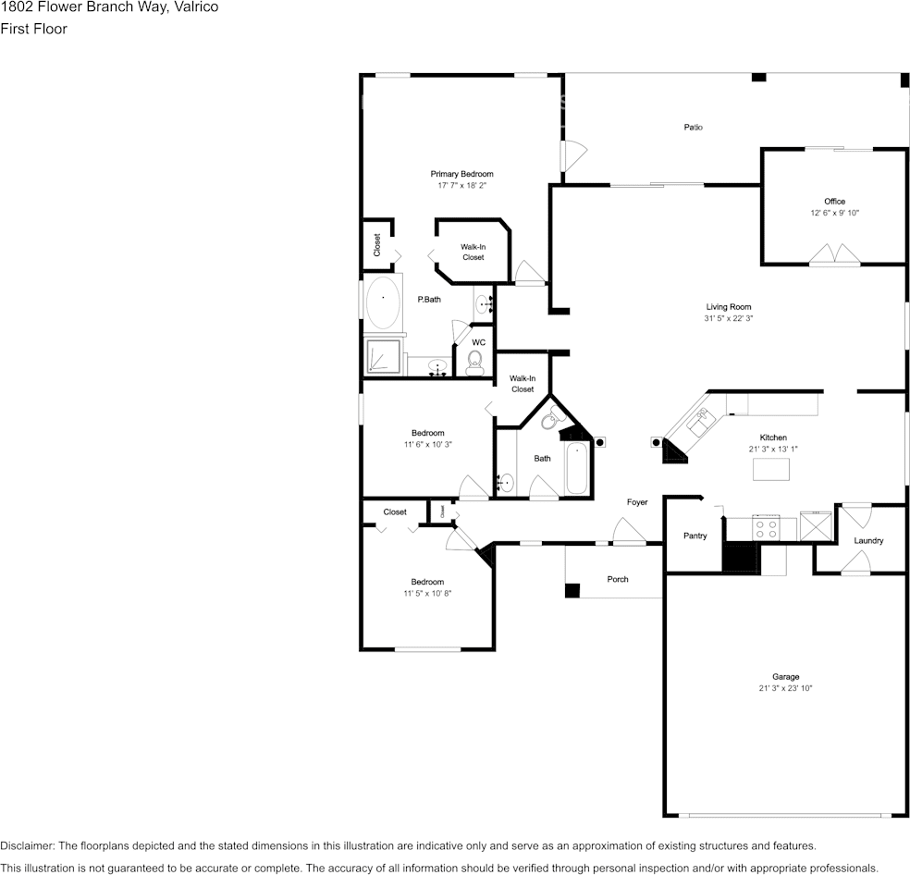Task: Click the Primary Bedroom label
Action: coord(461,174)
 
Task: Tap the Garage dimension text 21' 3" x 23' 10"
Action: coord(785,689)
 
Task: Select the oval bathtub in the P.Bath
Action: coord(382,302)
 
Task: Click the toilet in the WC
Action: coord(475,365)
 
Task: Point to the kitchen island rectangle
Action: coord(772,470)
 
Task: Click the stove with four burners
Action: coord(767,528)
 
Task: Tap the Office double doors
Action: coord(834,255)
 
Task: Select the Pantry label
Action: coord(695,536)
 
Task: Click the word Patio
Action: coord(693,127)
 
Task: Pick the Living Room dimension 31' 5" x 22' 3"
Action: coord(728,319)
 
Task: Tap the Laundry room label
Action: coord(868,541)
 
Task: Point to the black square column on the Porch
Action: coord(572,589)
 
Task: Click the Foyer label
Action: coord(637,502)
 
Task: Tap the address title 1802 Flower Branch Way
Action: coord(108,7)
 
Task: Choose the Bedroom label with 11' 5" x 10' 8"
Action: coord(427,582)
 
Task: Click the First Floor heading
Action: coord(33,29)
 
